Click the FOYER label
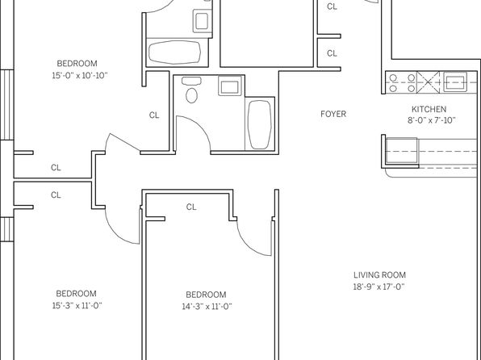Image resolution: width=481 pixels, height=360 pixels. click(333, 114)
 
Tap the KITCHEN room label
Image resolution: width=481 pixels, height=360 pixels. click(429, 109)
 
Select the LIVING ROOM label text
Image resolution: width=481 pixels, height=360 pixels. click(380, 275)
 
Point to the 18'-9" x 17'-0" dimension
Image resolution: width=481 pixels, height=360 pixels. click(379, 287)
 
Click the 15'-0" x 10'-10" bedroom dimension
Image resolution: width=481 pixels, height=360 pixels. click(80, 75)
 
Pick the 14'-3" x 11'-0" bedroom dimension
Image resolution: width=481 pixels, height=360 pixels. click(207, 306)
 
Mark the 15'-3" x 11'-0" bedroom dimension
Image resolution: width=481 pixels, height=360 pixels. click(77, 305)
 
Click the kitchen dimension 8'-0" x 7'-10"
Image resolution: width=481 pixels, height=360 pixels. click(431, 120)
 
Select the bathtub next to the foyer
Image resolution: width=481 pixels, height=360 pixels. click(260, 124)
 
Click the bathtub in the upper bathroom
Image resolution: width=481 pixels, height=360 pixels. click(175, 52)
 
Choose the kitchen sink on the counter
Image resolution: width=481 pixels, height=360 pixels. click(455, 82)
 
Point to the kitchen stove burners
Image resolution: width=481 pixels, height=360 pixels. click(402, 83)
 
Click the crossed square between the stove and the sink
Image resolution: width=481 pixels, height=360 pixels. click(429, 82)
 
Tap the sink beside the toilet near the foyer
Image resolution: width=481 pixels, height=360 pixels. click(230, 86)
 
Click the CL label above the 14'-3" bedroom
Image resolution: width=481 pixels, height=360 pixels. click(191, 207)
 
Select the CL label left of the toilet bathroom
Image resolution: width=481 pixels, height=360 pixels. click(154, 115)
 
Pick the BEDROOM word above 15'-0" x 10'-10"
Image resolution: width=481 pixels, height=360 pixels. click(77, 64)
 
